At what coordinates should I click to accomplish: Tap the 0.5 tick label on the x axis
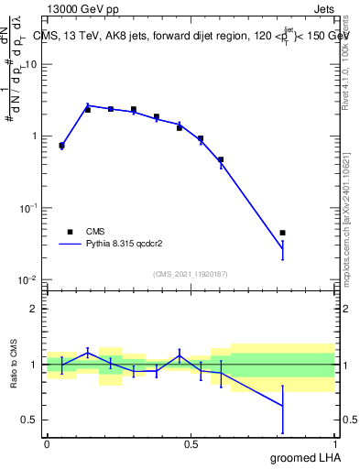coord(191,444)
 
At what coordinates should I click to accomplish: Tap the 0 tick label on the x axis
coord(47,444)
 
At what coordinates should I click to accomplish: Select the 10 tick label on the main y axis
coord(31,65)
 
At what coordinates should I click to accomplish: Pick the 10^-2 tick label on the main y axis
coord(29,280)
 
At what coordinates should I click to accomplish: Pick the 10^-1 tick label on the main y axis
coord(29,208)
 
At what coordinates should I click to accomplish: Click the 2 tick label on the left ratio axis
coord(35,309)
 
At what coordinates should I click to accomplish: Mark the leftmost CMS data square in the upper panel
coord(61,146)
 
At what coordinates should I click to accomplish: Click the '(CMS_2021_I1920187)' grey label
coord(191,273)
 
